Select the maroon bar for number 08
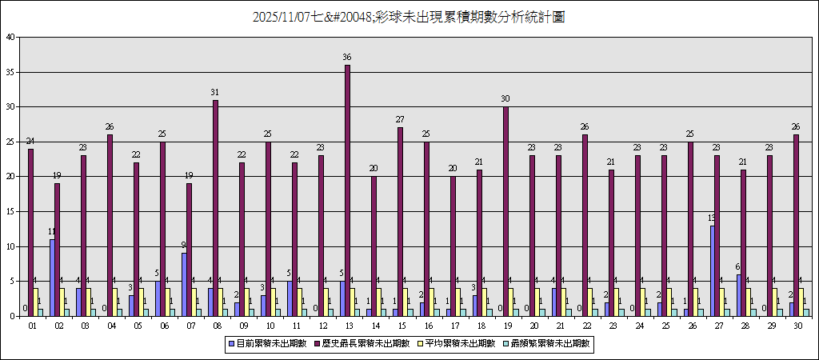point(216,208)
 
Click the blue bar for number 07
point(184,285)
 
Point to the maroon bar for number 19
point(506,211)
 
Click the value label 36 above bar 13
point(347,58)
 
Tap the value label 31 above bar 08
point(215,93)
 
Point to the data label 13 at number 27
point(711,218)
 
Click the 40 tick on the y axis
point(10,37)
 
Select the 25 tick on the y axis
point(10,142)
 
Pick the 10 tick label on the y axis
point(10,246)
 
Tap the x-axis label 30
point(798,326)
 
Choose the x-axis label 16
point(429,326)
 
